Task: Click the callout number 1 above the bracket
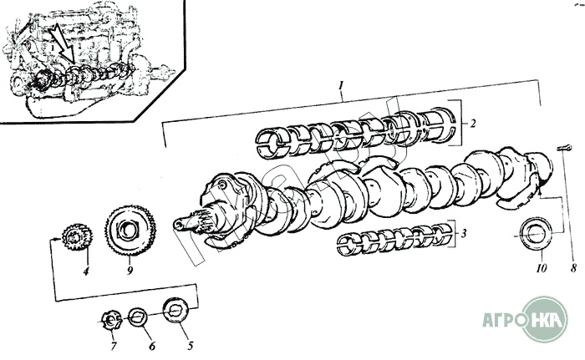[341, 86]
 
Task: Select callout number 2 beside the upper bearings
[473, 123]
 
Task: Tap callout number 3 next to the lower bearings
[463, 234]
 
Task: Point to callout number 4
[86, 271]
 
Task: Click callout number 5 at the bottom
[191, 346]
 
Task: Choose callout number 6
[152, 346]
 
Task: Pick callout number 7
[114, 346]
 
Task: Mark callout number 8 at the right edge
[573, 267]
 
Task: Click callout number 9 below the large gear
[130, 270]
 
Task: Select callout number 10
[542, 267]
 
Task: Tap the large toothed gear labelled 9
[130, 231]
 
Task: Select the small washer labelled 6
[138, 317]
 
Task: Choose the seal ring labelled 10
[535, 234]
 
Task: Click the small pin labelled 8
[564, 148]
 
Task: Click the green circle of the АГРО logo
[544, 319]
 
